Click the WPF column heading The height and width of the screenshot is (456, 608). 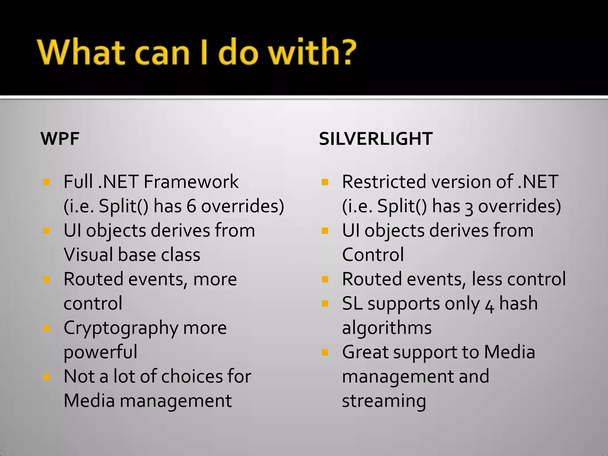[x=60, y=139]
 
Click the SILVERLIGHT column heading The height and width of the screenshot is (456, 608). [x=376, y=139]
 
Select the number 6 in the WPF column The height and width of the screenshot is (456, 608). [x=191, y=206]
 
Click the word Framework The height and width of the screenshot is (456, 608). [x=191, y=182]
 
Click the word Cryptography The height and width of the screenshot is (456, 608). [x=121, y=328]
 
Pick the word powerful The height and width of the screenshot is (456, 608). [x=100, y=352]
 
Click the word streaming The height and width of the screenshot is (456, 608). [x=384, y=401]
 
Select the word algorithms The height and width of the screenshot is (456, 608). [x=387, y=328]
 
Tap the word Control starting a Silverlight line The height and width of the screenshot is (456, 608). [x=373, y=255]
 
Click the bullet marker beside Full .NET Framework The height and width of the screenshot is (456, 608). [x=46, y=182]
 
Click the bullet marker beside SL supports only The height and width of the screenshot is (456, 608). [x=325, y=304]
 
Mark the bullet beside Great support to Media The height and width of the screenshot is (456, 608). [x=325, y=352]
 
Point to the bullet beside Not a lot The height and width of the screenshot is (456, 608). [x=46, y=377]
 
